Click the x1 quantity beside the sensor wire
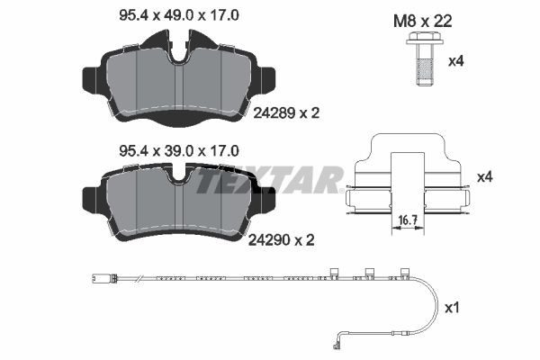(454, 308)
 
